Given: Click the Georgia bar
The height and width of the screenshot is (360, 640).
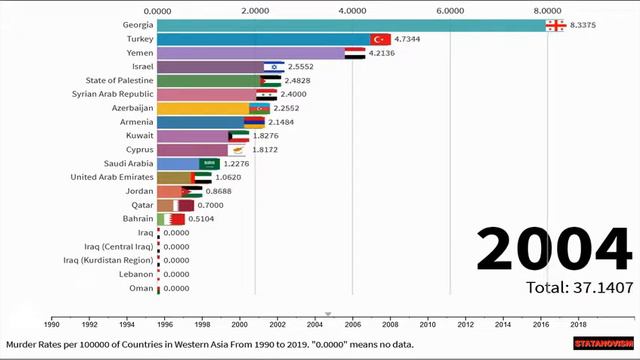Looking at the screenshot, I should click(x=350, y=24).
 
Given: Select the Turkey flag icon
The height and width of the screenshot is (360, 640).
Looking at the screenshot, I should click(x=381, y=38).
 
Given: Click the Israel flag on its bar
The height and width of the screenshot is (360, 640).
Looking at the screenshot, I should click(x=273, y=66).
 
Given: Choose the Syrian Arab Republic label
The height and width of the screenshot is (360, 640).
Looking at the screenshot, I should click(x=112, y=94).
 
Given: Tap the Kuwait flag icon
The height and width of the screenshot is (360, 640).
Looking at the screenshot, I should click(x=238, y=136).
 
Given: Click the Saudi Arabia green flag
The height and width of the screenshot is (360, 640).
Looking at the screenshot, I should click(x=209, y=164).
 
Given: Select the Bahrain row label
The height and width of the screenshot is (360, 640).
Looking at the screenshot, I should click(x=138, y=219).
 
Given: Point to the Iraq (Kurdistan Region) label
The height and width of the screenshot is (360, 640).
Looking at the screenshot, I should click(x=108, y=260).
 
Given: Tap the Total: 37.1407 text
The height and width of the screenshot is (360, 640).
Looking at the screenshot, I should click(x=579, y=288).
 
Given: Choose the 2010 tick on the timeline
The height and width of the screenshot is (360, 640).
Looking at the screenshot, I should click(x=427, y=324).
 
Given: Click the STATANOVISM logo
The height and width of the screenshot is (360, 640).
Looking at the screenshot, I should click(x=601, y=343).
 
